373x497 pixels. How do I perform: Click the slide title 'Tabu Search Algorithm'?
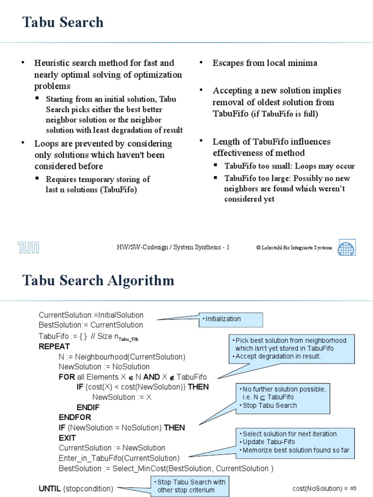pos(99,281)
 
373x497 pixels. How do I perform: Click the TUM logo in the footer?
pos(29,248)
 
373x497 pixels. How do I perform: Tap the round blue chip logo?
pos(346,247)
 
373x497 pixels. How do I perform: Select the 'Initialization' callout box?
pos(231,319)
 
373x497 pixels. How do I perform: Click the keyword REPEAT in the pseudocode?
pos(54,347)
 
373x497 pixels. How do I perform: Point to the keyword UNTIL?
pos(50,488)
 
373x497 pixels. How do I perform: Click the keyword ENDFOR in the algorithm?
pos(75,417)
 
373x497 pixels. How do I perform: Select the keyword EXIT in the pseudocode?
pos(68,438)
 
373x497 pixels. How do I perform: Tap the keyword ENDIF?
pos(88,407)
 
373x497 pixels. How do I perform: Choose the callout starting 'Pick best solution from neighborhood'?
pos(291,348)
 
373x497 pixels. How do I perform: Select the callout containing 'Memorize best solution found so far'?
pos(295,442)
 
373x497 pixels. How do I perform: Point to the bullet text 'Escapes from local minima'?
pos(265,63)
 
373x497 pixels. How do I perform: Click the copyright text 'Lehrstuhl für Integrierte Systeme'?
pos(294,248)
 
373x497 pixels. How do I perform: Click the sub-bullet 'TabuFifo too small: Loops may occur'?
pos(289,166)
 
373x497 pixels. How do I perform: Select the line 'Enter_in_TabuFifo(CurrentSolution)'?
pos(119,458)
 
